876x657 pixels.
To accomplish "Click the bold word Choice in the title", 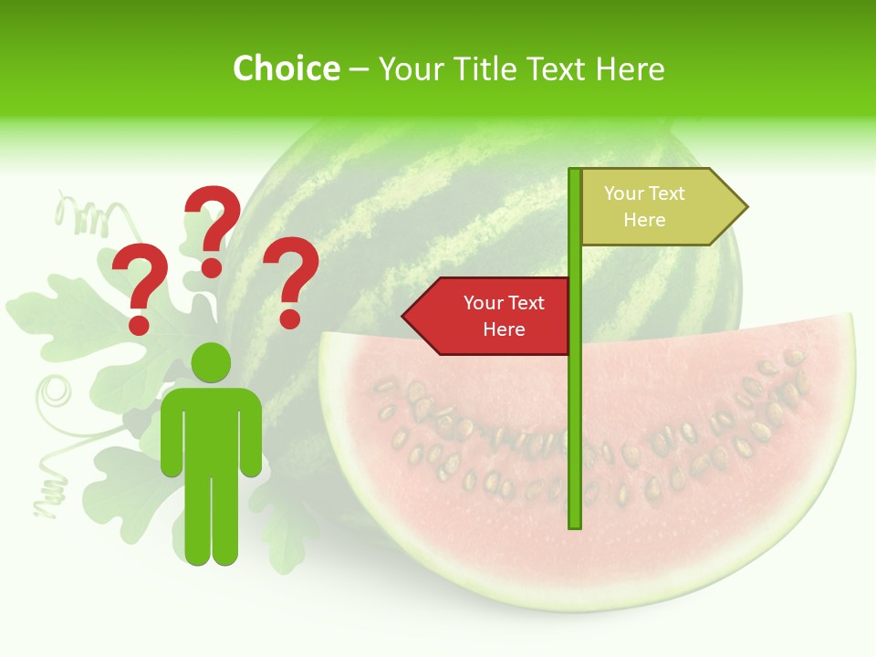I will (x=286, y=68).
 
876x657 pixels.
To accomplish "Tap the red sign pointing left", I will (x=493, y=316).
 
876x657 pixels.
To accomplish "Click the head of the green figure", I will (x=211, y=362).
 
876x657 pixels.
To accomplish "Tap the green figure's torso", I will (x=211, y=429).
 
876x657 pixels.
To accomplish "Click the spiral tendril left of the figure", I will (x=55, y=394).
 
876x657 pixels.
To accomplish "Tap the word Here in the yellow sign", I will (x=644, y=220).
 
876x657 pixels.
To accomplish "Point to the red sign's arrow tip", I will (x=405, y=316).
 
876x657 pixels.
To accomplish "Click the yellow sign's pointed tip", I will (x=745, y=206).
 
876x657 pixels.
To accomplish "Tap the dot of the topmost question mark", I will (x=212, y=267).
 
